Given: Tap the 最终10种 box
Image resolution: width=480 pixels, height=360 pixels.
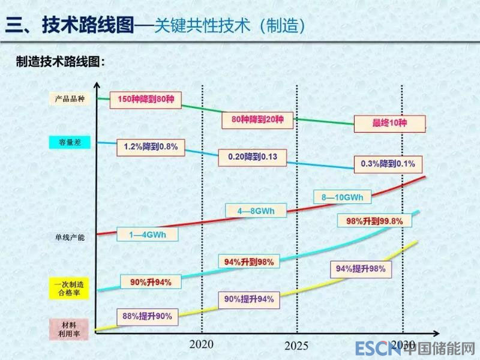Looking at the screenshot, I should [389, 123].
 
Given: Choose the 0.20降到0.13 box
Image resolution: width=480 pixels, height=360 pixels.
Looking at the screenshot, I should [252, 157].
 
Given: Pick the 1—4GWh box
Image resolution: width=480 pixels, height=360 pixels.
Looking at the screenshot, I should [146, 234].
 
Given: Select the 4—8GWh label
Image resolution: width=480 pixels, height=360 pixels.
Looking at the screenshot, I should [256, 211].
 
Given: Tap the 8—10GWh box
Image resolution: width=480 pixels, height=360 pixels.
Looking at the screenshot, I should [343, 196].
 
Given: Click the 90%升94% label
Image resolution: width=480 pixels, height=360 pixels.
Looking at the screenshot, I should [146, 282].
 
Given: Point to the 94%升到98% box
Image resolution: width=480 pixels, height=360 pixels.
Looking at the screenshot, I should [248, 262].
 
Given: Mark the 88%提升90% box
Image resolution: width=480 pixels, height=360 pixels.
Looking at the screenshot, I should [147, 316].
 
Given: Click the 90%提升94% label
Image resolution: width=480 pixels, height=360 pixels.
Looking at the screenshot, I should [248, 299].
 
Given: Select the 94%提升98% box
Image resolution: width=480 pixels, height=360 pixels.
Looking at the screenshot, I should [360, 269].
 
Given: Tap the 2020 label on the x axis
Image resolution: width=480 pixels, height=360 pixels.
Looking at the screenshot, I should [201, 344].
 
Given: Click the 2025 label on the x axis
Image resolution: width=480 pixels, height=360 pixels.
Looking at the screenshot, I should [296, 346].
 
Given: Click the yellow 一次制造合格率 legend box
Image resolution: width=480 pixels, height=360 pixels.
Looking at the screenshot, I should [68, 289].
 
